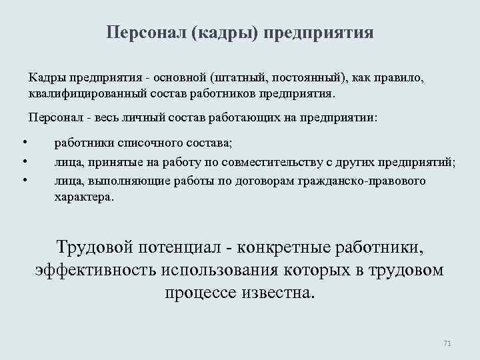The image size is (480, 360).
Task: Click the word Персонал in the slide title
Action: point(145,33)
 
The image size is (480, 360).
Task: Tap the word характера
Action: point(84,197)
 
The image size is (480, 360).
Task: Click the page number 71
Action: point(447,343)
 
